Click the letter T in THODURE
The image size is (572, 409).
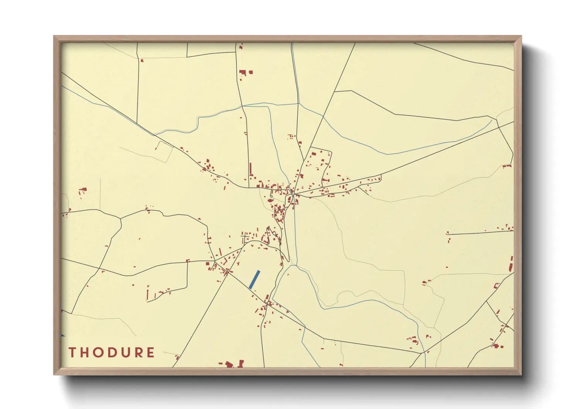pos(72,353)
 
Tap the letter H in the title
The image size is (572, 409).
pos(85,353)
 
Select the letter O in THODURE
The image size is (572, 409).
pos(98,353)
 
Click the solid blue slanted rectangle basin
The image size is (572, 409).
pos(254,279)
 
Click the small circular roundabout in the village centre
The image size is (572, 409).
pos(271,196)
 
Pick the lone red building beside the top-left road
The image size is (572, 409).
pos(142,60)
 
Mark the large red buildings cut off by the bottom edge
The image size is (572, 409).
pos(232,364)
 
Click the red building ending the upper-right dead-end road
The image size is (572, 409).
pos(507,166)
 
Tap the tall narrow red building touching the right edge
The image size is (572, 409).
pos(511,264)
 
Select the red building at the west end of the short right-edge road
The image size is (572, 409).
pos(447,233)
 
